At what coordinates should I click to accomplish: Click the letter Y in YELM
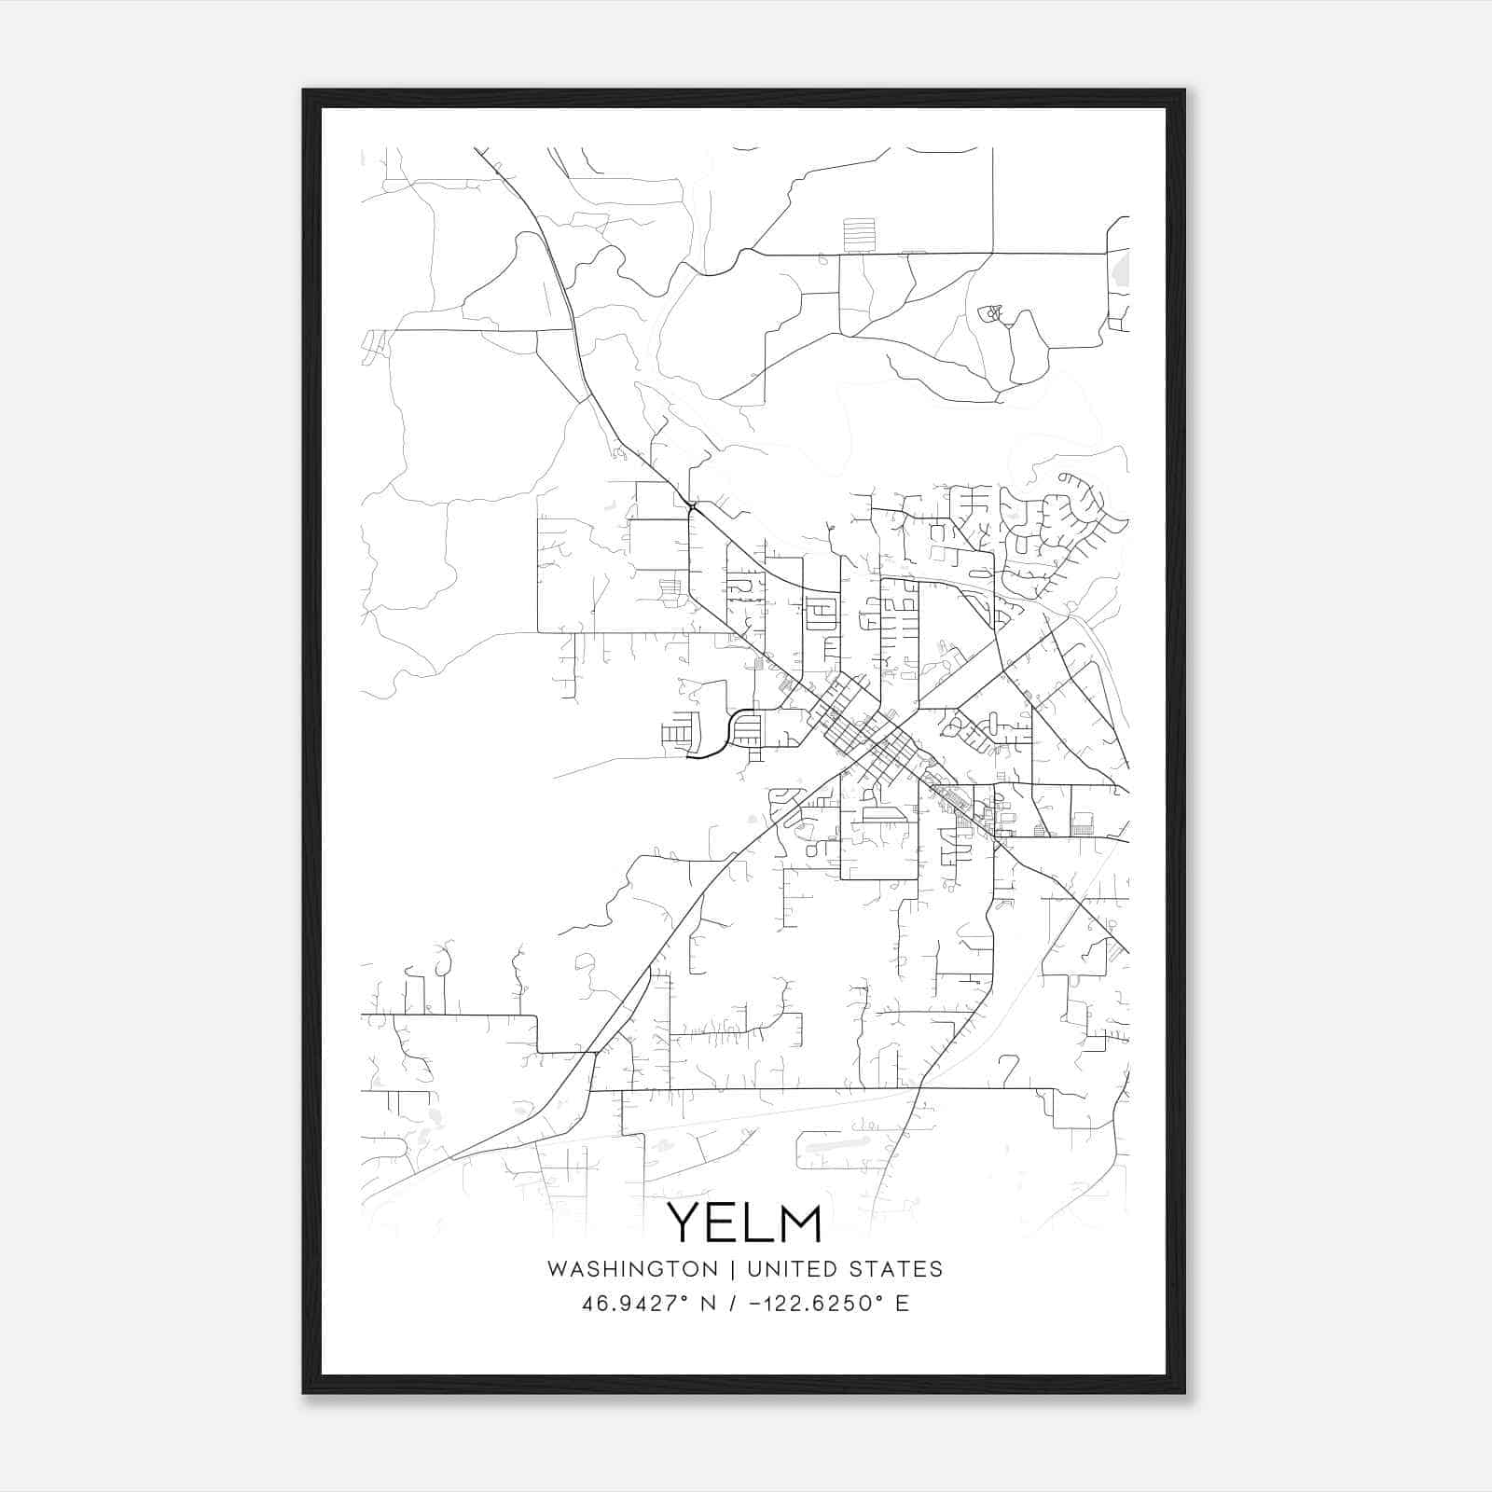(x=687, y=1223)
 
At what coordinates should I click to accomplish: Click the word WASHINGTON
(x=632, y=1269)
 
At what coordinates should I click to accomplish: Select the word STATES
(x=896, y=1269)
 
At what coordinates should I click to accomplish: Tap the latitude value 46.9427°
(x=634, y=1304)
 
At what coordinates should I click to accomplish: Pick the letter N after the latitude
(x=708, y=1304)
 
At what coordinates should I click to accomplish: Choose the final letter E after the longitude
(x=902, y=1304)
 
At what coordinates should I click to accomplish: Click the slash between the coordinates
(x=731, y=1304)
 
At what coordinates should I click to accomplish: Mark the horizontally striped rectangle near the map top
(x=859, y=234)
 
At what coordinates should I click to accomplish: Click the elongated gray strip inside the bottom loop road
(x=836, y=1140)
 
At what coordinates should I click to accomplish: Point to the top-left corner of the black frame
(x=305, y=91)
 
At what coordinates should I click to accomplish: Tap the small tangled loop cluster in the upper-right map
(x=991, y=312)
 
